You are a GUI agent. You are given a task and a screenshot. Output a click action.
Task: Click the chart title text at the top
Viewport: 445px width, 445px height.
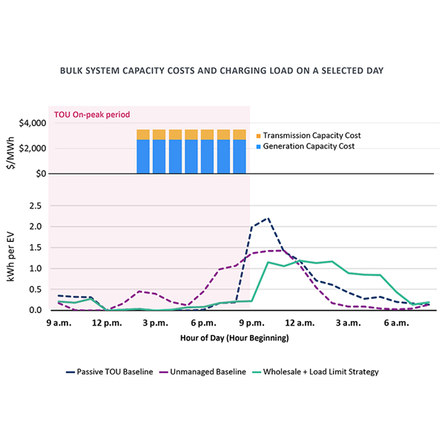coord(222,73)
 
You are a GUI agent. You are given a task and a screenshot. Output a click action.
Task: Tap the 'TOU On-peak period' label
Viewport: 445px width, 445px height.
coord(92,114)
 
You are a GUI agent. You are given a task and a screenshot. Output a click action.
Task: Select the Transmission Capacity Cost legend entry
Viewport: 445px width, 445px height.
coord(311,136)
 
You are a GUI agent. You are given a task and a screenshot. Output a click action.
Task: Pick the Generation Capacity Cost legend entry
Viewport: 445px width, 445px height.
coord(309,146)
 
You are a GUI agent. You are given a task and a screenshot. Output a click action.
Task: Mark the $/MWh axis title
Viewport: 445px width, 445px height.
coord(11,148)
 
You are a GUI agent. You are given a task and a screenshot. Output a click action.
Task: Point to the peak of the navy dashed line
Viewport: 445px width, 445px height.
coord(267,219)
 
